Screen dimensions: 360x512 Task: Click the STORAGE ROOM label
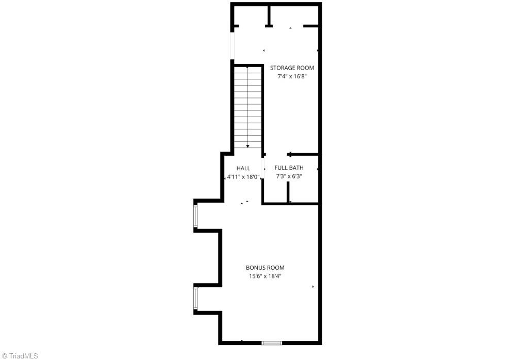coord(292,68)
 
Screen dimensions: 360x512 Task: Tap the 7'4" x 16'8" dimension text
coord(292,77)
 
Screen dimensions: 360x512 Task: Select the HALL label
coord(243,168)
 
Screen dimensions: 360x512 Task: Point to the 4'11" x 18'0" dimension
coord(243,176)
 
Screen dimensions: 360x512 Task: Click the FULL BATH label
coord(289,168)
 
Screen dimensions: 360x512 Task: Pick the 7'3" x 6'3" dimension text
coord(289,176)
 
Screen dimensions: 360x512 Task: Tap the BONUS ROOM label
coord(265,268)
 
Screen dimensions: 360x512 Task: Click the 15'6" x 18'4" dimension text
coord(265,276)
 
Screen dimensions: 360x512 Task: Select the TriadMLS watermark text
coord(20,355)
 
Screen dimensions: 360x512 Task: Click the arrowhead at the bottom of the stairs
coord(247,146)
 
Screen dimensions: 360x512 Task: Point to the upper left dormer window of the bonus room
coord(195,216)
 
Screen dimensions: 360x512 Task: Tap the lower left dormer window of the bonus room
coord(195,298)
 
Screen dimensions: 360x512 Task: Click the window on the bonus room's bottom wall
coord(271,342)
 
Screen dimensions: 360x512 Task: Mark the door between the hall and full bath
coord(263,167)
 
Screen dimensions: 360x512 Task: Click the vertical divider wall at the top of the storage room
coord(269,16)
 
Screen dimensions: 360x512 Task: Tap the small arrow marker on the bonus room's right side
coord(313,287)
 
